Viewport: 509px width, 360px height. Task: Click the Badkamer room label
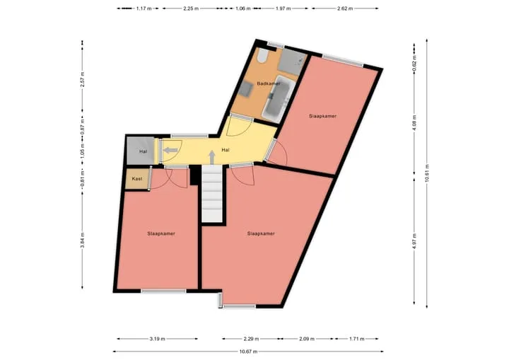pyautogui.click(x=269, y=83)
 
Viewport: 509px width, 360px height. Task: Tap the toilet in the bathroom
pyautogui.click(x=262, y=56)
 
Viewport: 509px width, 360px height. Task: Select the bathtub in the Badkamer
pyautogui.click(x=279, y=98)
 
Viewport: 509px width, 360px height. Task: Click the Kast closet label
pyautogui.click(x=137, y=179)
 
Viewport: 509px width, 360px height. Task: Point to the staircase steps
pyautogui.click(x=212, y=194)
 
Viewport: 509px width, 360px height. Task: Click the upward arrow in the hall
pyautogui.click(x=211, y=157)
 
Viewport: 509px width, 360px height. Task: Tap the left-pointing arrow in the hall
pyautogui.click(x=170, y=150)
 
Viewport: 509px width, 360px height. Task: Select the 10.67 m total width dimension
pyautogui.click(x=248, y=352)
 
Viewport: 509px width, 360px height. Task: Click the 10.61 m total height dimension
pyautogui.click(x=427, y=173)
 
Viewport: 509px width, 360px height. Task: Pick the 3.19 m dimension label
pyautogui.click(x=158, y=339)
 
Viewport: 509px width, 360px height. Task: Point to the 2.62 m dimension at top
pyautogui.click(x=345, y=8)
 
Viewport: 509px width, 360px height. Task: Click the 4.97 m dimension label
pyautogui.click(x=414, y=241)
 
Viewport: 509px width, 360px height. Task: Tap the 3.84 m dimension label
pyautogui.click(x=83, y=240)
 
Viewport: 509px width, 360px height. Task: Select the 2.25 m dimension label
pyautogui.click(x=191, y=8)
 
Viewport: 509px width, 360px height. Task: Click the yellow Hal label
pyautogui.click(x=226, y=150)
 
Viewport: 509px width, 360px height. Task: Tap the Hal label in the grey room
pyautogui.click(x=143, y=151)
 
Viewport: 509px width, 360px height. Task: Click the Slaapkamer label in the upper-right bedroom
pyautogui.click(x=322, y=116)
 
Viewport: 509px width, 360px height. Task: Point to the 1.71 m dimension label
pyautogui.click(x=356, y=339)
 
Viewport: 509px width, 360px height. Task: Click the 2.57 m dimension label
pyautogui.click(x=83, y=79)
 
